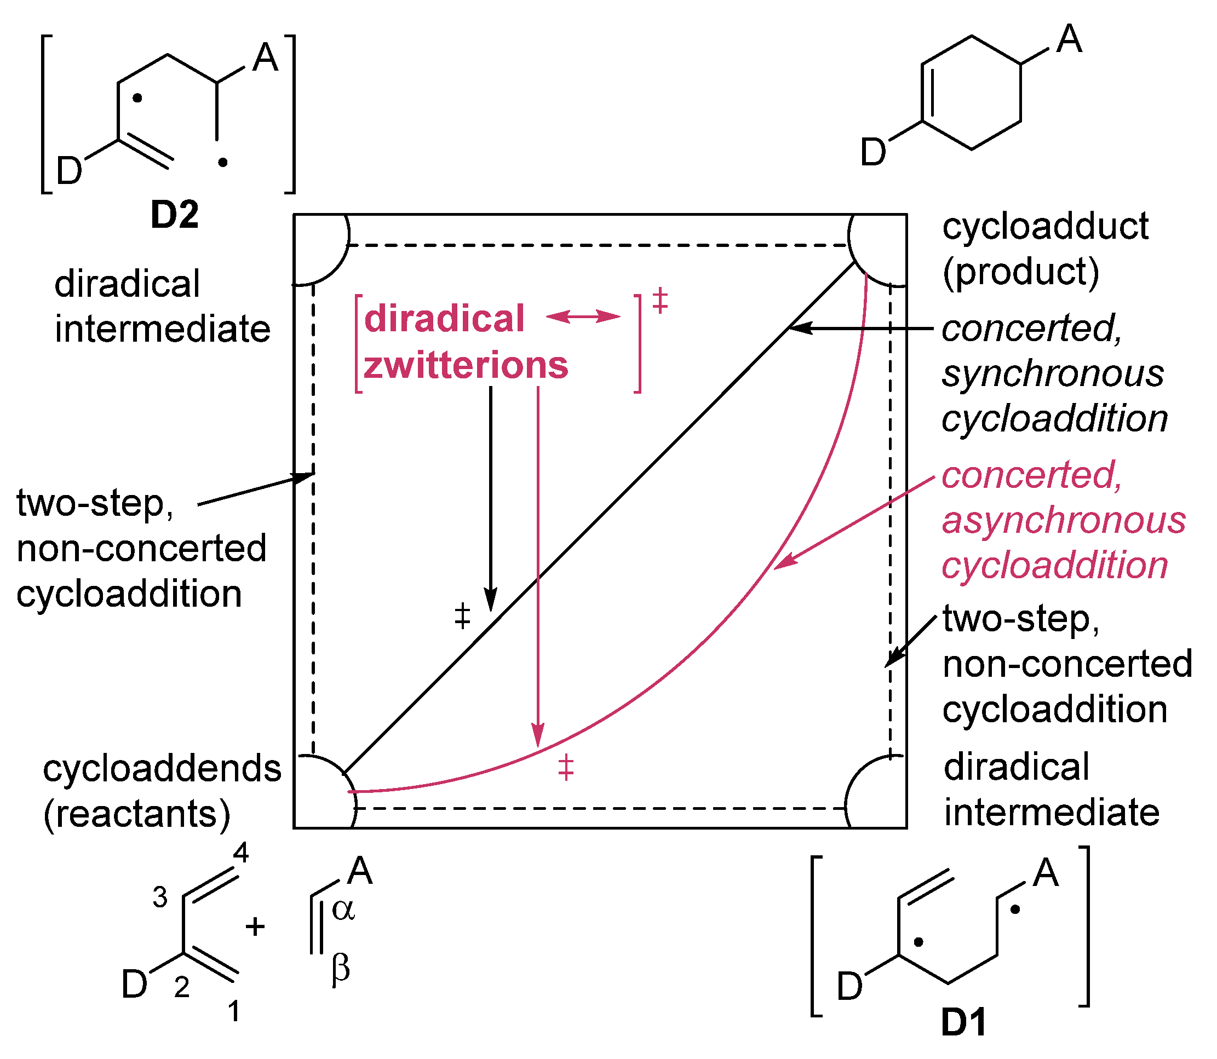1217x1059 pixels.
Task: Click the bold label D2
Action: pos(174,215)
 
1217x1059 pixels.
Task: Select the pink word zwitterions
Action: pos(466,365)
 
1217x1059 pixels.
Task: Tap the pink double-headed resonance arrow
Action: pos(583,316)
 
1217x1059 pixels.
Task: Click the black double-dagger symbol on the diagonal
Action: pos(462,616)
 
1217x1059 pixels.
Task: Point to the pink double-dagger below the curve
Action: pos(566,767)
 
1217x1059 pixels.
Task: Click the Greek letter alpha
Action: pos(343,911)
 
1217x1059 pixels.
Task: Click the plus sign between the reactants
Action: pos(255,926)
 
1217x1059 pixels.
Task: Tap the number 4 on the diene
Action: pos(240,853)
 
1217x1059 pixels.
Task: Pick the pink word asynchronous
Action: pos(1063,521)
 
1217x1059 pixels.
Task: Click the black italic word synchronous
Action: pos(1053,373)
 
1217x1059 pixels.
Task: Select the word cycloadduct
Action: pos(1045,226)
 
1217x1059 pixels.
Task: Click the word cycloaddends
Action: pos(162,769)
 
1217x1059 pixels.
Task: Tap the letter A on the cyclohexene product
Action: pos(1069,40)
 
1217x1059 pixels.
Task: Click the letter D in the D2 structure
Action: pos(68,171)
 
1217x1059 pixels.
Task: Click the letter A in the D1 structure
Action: pos(1046,873)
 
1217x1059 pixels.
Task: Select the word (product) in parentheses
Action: pos(1021,272)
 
